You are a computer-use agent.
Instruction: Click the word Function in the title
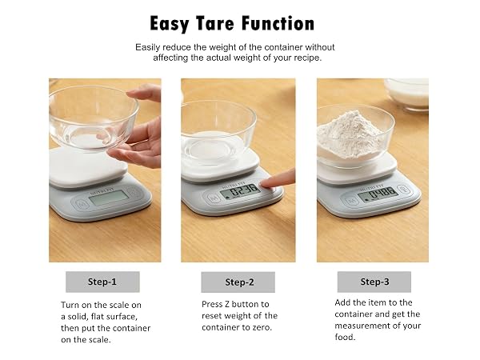point(278,23)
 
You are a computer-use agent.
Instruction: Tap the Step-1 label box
point(102,282)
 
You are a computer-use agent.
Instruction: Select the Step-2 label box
point(238,282)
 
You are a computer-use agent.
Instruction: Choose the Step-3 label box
point(374,282)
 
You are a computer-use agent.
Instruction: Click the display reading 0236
point(241,192)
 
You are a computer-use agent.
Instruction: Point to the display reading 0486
point(378,194)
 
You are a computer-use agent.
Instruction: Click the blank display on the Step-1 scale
point(108,197)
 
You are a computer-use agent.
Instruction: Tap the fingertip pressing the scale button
point(265,184)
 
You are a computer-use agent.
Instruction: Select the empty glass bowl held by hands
point(94,118)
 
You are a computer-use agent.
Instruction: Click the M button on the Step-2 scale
point(213,198)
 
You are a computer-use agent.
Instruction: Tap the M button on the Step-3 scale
point(351,201)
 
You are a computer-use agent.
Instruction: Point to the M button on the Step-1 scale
point(81,203)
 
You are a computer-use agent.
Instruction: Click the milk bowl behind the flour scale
point(406,93)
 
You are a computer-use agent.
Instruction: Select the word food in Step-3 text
point(345,337)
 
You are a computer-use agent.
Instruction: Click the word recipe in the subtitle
point(306,58)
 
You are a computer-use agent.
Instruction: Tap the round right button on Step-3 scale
point(403,189)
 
